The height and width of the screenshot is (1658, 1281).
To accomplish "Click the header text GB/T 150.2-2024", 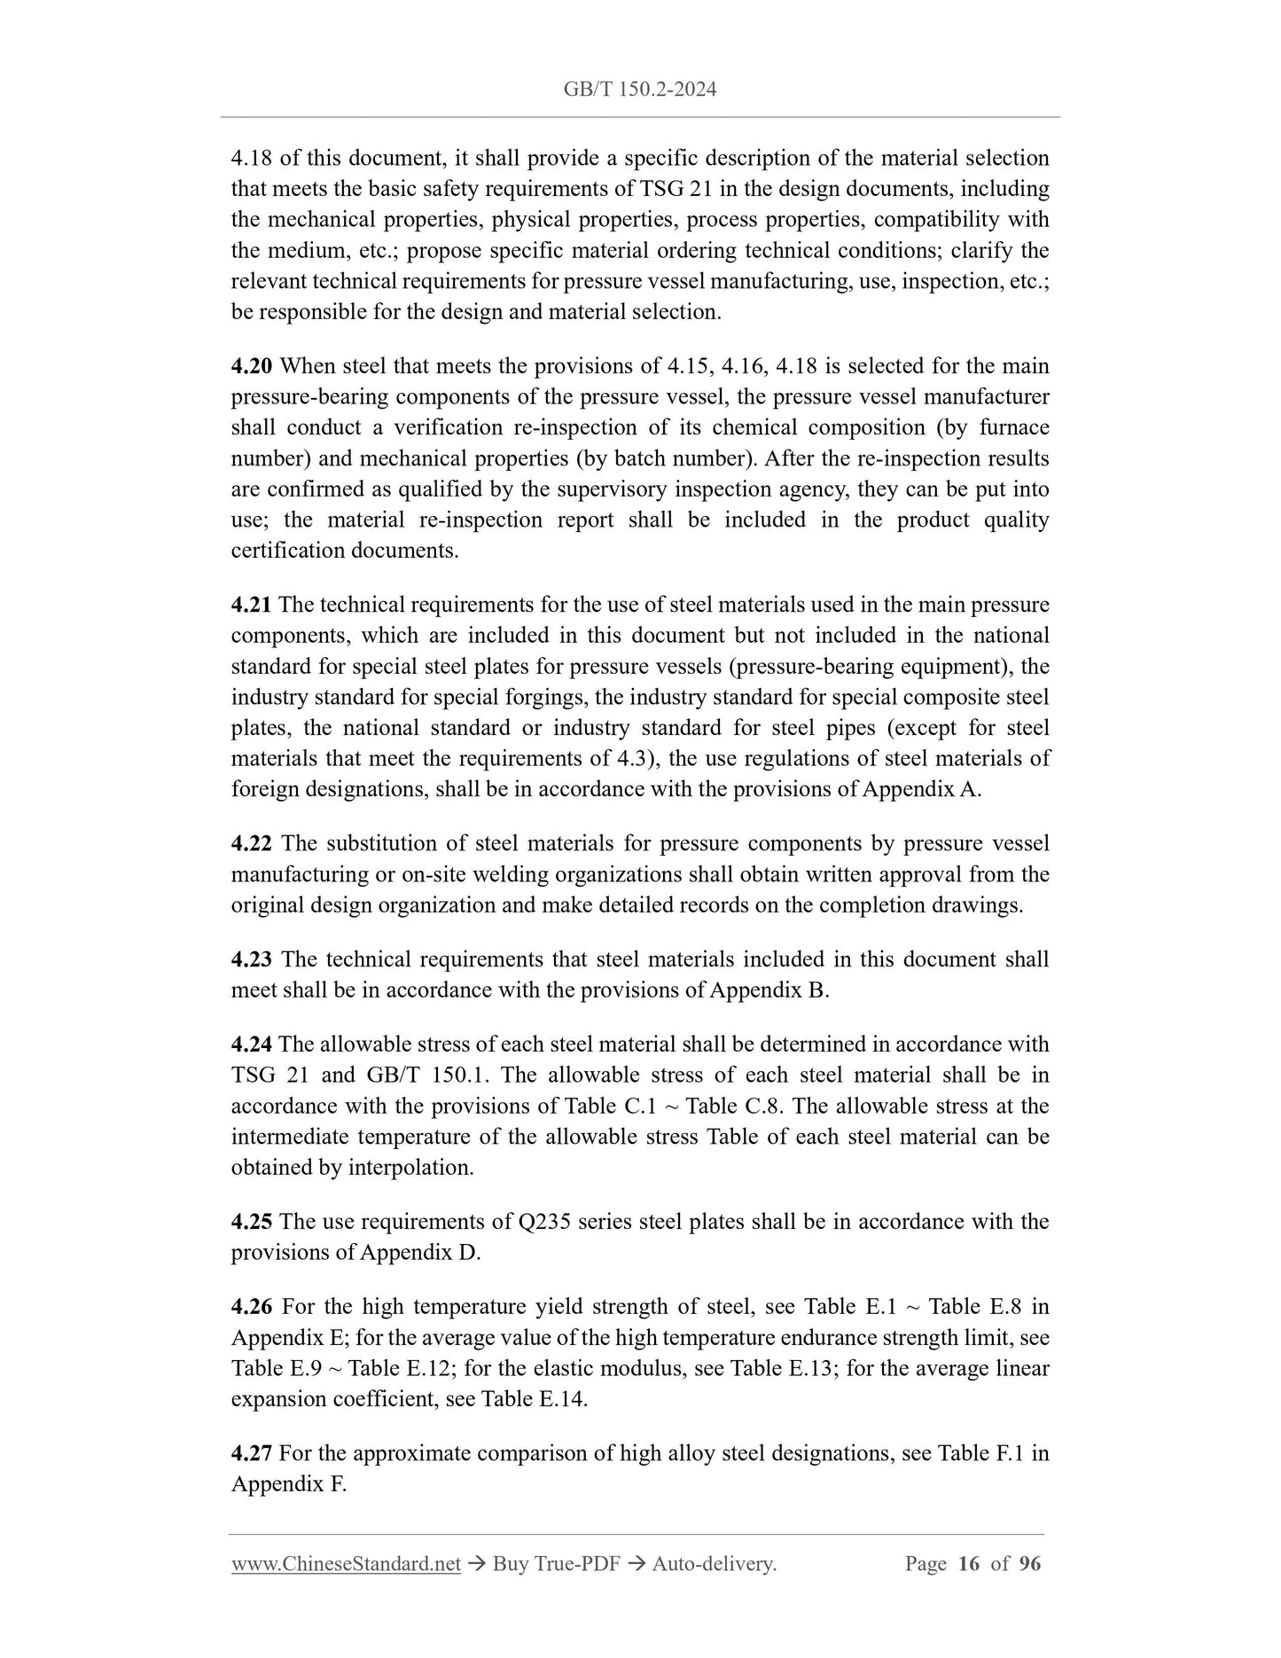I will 640,89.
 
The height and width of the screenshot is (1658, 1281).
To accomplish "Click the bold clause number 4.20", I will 252,366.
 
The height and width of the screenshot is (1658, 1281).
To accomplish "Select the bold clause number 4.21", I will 252,605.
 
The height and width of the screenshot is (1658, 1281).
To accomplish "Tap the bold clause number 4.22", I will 252,843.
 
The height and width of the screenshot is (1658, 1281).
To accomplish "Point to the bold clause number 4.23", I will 252,959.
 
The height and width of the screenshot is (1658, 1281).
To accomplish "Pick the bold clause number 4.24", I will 252,1044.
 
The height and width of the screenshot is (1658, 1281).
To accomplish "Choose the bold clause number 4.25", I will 252,1222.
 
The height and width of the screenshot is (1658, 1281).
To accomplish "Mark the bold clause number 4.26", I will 252,1307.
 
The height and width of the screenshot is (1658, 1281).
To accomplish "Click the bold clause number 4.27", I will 252,1453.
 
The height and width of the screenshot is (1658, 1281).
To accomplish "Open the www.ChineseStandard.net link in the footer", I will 346,1564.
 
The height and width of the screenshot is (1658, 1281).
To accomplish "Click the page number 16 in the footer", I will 969,1564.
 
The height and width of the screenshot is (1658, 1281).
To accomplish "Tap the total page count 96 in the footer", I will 1030,1564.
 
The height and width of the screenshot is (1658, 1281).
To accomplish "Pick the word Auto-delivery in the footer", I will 714,1564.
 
